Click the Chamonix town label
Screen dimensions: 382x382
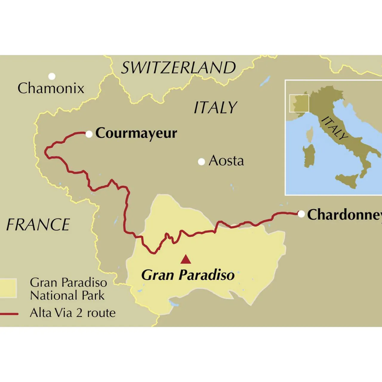click(51, 88)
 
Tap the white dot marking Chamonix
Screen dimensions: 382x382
click(52, 76)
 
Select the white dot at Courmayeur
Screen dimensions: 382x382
click(89, 134)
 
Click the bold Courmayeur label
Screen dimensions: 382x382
click(136, 133)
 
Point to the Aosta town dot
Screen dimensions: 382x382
click(201, 162)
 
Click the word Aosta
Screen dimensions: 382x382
click(226, 161)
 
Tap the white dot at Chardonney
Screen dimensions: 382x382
click(301, 214)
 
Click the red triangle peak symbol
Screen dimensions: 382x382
click(186, 259)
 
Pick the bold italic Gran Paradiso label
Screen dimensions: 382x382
click(188, 275)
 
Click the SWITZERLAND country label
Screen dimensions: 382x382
click(178, 68)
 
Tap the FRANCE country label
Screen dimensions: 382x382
click(38, 225)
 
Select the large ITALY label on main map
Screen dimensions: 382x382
click(215, 107)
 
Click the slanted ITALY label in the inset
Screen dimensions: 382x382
click(335, 128)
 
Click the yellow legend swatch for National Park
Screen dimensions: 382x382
click(8, 288)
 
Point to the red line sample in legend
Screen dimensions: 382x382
click(9, 314)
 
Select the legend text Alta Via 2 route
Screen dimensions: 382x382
click(73, 313)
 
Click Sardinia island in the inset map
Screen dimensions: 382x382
click(309, 156)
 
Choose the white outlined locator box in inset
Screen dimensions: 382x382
click(299, 104)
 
